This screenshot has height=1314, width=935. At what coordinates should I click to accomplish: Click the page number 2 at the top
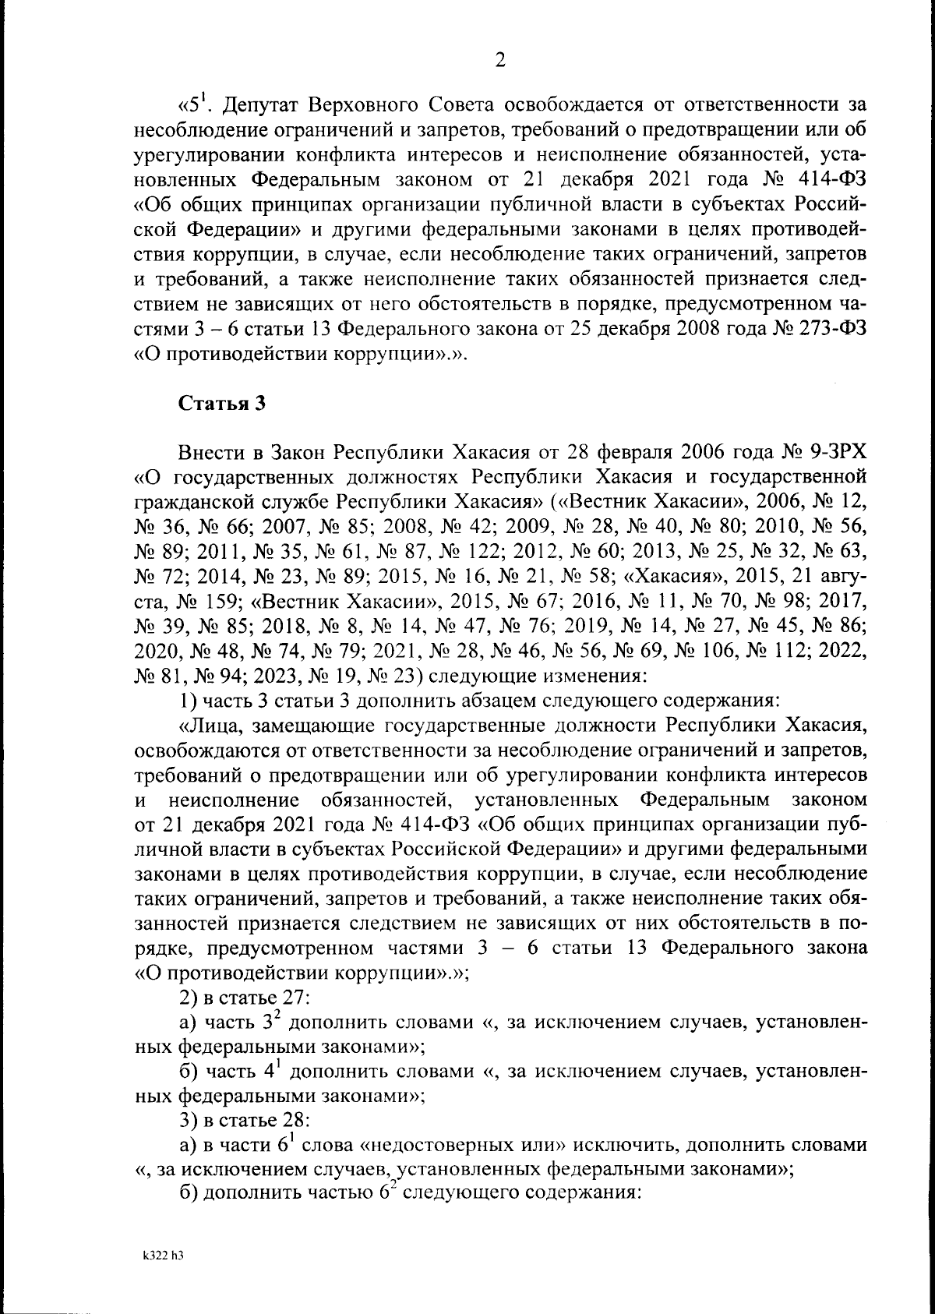point(500,60)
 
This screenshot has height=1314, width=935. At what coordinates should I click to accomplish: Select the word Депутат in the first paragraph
point(260,104)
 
